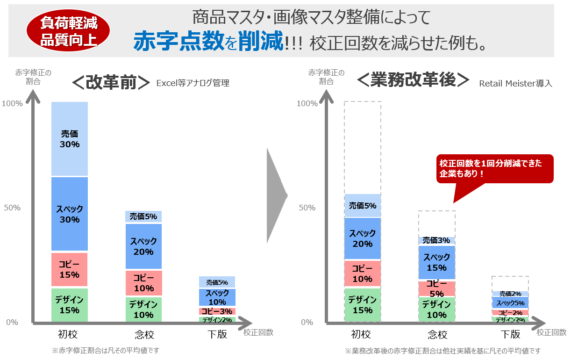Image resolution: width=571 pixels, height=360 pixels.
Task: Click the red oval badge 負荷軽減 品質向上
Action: tap(68, 31)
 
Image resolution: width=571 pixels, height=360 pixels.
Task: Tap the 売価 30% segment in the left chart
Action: tap(70, 139)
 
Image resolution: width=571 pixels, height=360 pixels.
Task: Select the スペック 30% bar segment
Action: tap(70, 214)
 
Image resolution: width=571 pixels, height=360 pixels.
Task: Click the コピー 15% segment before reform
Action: tap(70, 270)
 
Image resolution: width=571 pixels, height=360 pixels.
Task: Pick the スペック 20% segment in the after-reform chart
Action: tap(363, 238)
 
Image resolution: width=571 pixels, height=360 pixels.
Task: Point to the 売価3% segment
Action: tap(436, 240)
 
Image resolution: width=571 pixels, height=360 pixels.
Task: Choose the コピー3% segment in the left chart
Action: tap(217, 311)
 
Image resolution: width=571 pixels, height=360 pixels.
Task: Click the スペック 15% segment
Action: tap(436, 262)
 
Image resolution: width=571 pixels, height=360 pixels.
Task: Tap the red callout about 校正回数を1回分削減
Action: tap(494, 168)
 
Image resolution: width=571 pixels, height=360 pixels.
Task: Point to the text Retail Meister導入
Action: tap(515, 84)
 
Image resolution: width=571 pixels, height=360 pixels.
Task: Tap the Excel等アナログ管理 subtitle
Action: tap(193, 84)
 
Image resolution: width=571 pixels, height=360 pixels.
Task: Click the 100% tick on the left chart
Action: tap(12, 103)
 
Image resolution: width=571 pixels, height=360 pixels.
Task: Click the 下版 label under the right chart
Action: tap(510, 334)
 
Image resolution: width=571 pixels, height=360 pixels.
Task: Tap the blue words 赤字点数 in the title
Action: tap(178, 42)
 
